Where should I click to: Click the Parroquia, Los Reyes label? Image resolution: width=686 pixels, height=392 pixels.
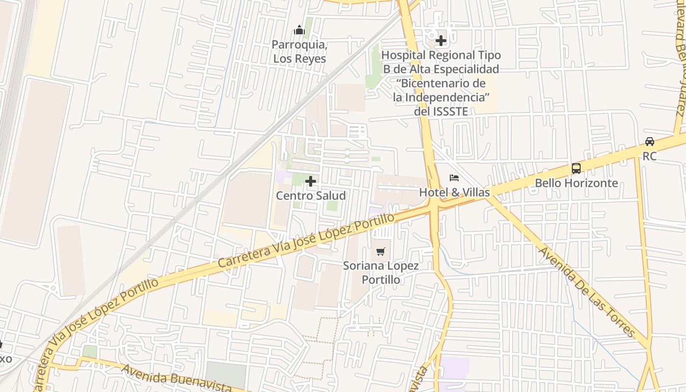pos(299,51)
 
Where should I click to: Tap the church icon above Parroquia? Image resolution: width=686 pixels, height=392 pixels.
pos(299,31)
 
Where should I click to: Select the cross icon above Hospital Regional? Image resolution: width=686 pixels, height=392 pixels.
pos(441,41)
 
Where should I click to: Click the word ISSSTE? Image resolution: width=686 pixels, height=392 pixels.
pos(451,111)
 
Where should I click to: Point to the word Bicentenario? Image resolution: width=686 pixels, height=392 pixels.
pos(443,83)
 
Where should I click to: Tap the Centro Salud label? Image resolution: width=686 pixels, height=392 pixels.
pos(311,196)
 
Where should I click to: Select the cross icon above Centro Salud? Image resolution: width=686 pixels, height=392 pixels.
pos(311,182)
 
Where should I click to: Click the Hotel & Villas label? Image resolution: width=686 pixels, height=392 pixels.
pos(454,193)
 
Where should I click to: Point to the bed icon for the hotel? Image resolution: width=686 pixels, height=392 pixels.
pos(454,178)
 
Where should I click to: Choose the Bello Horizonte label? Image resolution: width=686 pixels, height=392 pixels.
pos(576,183)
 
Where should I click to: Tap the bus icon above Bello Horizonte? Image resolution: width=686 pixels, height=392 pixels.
pos(576,169)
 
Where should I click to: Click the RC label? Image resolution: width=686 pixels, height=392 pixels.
pos(650,156)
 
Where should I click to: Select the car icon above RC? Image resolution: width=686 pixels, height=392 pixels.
pos(650,142)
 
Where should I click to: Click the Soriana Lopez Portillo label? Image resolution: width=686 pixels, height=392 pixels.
pos(381,272)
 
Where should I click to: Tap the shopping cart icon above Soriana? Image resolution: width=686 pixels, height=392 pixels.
pos(381,252)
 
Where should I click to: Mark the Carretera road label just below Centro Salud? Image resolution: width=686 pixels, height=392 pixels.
pos(306,241)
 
